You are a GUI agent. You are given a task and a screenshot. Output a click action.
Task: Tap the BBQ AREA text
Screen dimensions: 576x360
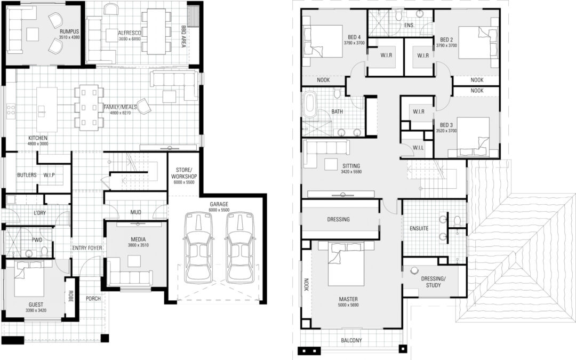183,36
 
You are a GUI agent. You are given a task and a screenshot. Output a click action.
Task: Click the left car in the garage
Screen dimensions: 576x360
198,248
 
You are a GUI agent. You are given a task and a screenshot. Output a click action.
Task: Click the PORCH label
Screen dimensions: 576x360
93,299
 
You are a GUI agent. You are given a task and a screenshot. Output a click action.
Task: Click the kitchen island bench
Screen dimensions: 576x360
46,110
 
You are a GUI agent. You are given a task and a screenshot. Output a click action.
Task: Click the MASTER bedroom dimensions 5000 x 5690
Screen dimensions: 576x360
347,305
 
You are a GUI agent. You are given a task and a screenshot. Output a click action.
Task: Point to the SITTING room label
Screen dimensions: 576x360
350,166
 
